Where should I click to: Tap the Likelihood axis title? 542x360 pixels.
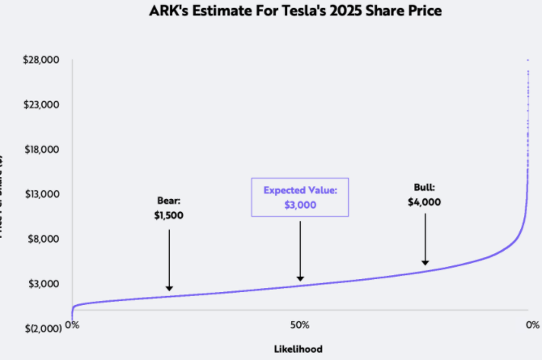coord(299,349)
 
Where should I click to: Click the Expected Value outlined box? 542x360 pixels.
coord(299,197)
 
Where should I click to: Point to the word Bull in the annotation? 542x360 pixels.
coord(425,188)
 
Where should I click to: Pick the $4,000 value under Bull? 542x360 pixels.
coord(425,202)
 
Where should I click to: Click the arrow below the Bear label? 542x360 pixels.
coord(169,259)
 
